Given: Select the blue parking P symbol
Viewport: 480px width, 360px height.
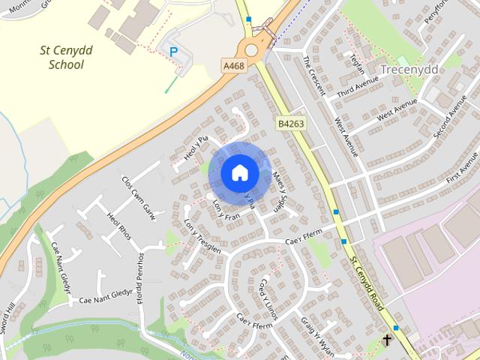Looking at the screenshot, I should (x=174, y=52).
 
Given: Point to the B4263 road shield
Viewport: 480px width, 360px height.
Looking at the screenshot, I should (x=290, y=123).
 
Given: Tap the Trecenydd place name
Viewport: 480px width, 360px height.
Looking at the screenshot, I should (x=409, y=69).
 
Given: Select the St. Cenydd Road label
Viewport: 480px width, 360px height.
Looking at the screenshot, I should (x=368, y=286).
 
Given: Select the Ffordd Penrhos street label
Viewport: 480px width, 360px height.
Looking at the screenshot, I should (x=139, y=277).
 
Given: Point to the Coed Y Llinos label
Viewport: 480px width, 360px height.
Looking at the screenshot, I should (x=268, y=298).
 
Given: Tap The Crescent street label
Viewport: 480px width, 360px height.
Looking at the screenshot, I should (x=313, y=75).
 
